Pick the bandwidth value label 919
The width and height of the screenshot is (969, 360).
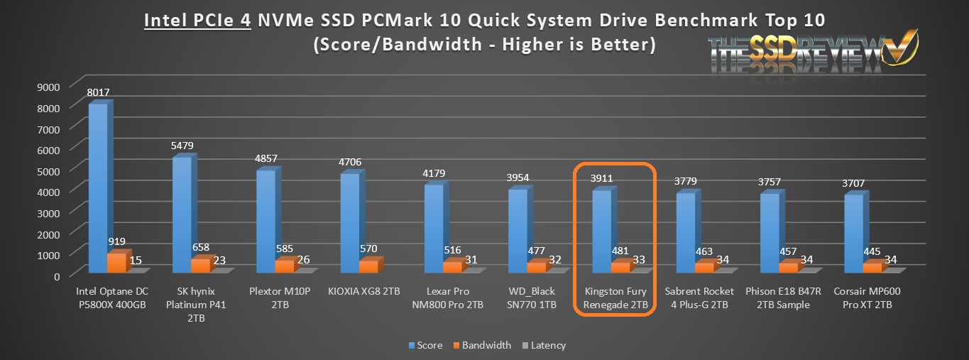pyautogui.click(x=117, y=241)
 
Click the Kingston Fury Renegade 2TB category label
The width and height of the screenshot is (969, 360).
pyautogui.click(x=615, y=298)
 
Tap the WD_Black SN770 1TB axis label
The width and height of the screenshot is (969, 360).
pyautogui.click(x=532, y=298)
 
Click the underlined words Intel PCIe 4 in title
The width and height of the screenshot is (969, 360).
pyautogui.click(x=197, y=20)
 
